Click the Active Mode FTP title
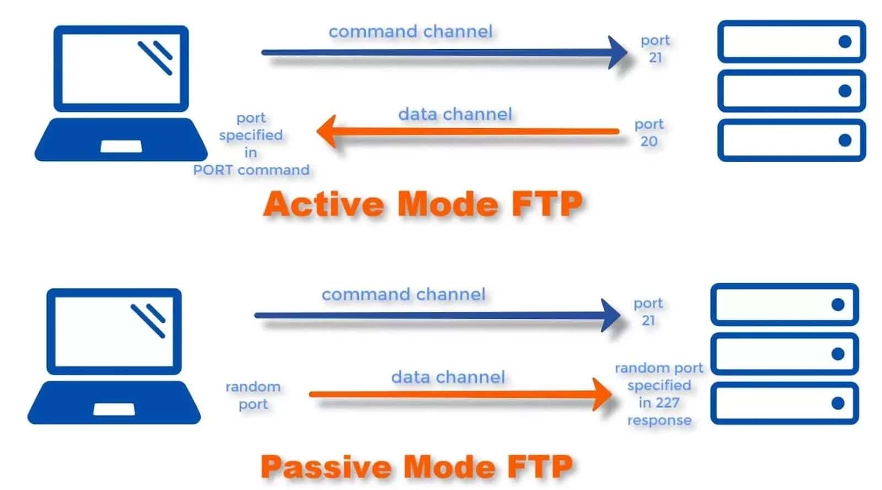coord(422,204)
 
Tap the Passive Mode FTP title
coord(417,467)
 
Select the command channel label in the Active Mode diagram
coord(411,31)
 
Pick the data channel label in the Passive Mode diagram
coord(448,377)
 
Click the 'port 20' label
coord(649,132)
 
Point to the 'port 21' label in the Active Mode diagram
coord(655,49)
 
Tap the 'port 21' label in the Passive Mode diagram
coord(648,312)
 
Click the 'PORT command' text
coord(251,170)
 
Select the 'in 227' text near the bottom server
coord(659,403)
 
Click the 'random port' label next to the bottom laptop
coord(253,395)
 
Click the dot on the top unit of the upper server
coord(845,41)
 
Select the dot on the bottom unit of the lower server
coord(837,403)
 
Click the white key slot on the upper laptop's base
coord(121,146)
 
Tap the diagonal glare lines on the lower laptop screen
coord(148,321)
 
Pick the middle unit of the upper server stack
coord(791,90)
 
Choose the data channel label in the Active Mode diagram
coord(455,114)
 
